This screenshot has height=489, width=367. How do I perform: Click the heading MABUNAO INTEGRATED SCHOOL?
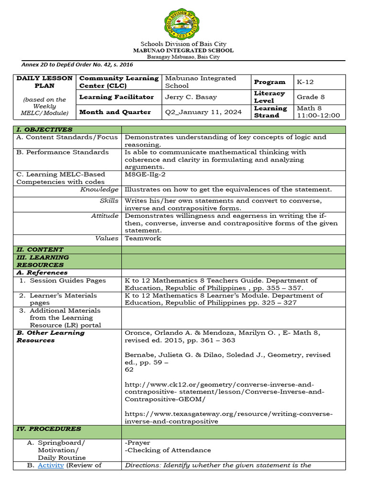point(183,50)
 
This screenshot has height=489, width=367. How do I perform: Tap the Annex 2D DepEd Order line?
point(77,64)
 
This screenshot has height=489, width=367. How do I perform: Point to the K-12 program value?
point(306,82)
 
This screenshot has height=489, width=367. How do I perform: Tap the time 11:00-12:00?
point(318,116)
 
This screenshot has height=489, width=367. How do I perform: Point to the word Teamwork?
point(143,238)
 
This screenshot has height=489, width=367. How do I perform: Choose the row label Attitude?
point(105,216)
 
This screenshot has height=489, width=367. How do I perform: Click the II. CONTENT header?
point(40,249)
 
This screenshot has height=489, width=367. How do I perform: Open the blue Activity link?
point(51,465)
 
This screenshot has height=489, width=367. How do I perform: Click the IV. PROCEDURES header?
point(49,429)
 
